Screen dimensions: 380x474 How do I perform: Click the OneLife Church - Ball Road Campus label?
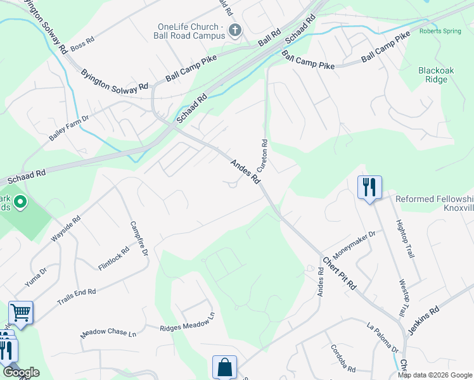point(191,31)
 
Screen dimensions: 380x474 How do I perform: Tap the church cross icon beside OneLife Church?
point(234,29)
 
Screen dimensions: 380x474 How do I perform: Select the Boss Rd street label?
point(82,43)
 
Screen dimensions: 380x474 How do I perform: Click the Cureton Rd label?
point(262,156)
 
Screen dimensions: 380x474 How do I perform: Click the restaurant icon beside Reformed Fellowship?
point(369,187)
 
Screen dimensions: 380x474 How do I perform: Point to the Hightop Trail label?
point(404,239)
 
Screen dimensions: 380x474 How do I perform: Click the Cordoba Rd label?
point(343,358)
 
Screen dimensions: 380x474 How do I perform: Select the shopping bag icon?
point(224,367)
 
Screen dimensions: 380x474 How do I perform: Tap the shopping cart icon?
point(21,312)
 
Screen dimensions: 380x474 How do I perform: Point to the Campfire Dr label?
point(138,238)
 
